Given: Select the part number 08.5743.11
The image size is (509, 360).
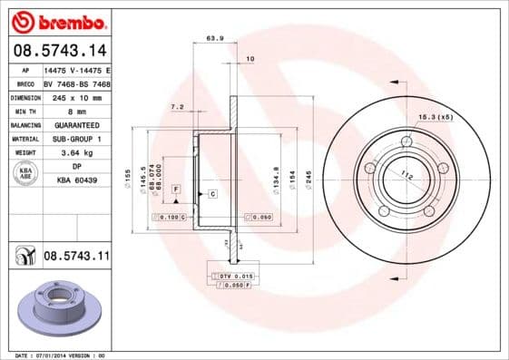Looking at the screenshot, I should tap(76, 258).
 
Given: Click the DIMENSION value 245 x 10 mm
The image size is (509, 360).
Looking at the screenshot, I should tap(76, 96).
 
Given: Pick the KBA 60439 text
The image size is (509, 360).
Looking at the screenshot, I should tap(76, 180).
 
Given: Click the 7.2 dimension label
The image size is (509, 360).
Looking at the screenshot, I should tap(177, 107).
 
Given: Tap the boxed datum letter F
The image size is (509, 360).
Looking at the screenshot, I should tap(176, 188).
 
